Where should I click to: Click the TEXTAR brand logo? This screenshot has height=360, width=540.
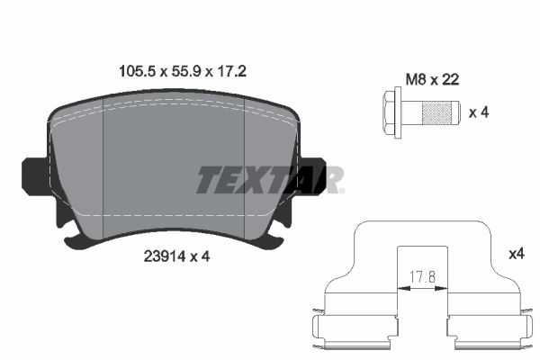[269, 179]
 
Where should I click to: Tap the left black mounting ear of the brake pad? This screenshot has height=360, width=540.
[34, 174]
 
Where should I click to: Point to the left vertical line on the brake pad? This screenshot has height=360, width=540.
[105, 166]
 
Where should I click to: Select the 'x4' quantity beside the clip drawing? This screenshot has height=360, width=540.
[516, 255]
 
